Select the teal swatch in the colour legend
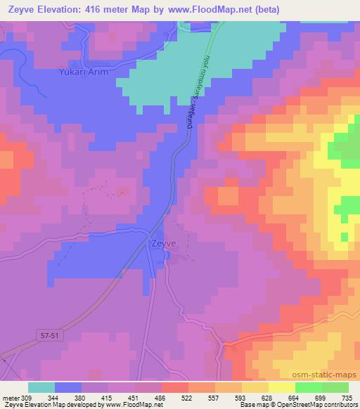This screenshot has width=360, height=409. (41, 387)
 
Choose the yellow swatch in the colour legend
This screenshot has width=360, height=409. (282, 387)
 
